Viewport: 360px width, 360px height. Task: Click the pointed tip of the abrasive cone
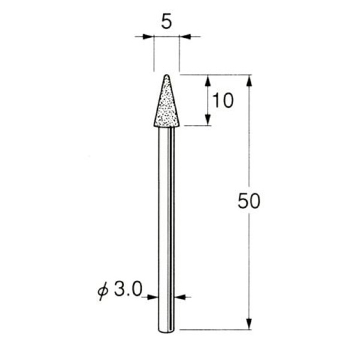click(166, 76)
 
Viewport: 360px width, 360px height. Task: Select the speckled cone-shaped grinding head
click(166, 108)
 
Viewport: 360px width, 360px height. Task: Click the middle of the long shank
click(166, 228)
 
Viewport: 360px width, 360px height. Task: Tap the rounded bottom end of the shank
click(166, 331)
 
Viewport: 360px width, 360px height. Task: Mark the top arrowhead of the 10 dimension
click(208, 80)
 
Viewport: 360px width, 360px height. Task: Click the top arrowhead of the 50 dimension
click(249, 80)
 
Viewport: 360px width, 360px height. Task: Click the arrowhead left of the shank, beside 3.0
click(152, 296)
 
